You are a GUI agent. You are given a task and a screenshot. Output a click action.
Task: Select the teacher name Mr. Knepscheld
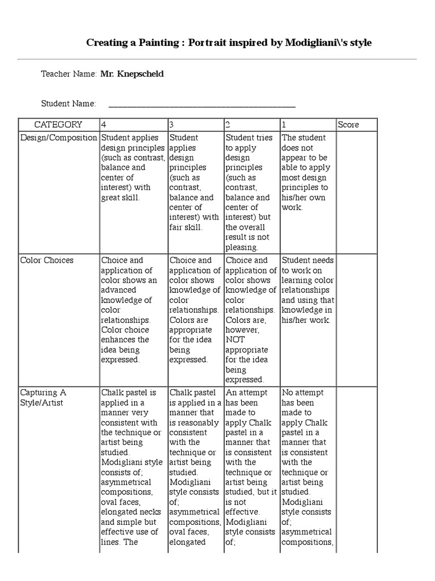click(132, 74)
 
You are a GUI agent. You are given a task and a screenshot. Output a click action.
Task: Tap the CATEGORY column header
click(58, 125)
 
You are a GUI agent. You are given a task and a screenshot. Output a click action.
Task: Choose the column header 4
click(104, 125)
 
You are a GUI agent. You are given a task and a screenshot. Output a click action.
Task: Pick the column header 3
click(172, 125)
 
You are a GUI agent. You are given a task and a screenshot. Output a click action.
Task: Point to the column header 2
click(228, 125)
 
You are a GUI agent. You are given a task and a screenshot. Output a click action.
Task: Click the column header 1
click(284, 125)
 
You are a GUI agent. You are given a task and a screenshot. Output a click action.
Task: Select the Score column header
click(348, 125)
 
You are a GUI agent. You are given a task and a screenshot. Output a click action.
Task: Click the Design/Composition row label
click(58, 138)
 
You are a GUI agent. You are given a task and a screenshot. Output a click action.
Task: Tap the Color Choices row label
click(47, 260)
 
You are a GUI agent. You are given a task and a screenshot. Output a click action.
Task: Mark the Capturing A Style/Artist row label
click(43, 398)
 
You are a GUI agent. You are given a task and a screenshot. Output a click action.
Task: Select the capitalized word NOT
click(236, 340)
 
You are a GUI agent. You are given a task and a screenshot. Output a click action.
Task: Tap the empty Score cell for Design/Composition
click(356, 192)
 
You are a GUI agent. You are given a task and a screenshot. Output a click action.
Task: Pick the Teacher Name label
click(69, 74)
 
